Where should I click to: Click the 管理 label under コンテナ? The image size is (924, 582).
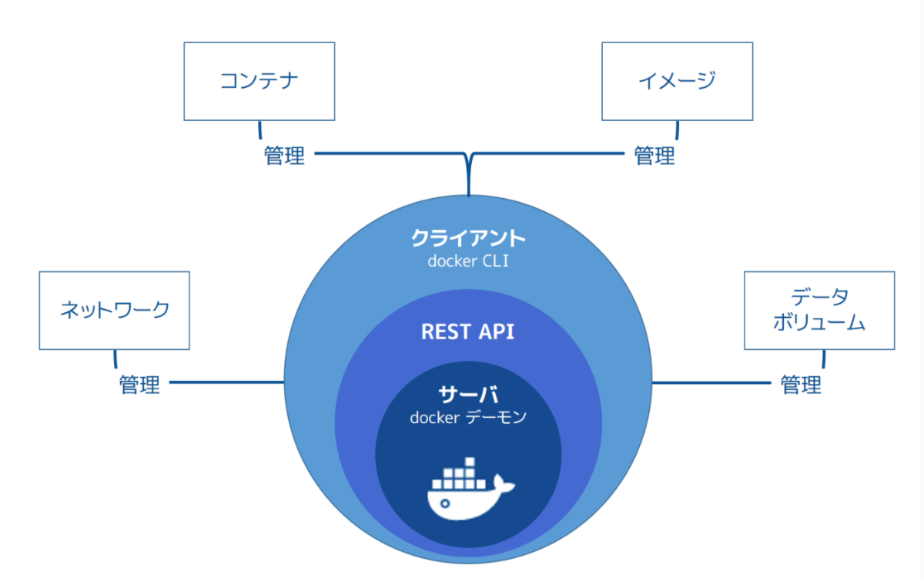point(284,156)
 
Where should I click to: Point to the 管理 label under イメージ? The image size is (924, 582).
point(654,156)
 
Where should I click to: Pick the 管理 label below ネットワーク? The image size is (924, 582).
point(139,385)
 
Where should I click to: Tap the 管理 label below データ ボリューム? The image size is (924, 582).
point(801,385)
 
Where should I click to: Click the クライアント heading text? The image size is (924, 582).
point(468,238)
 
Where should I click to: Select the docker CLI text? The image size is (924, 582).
point(468,261)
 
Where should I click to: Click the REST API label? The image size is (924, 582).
point(468,331)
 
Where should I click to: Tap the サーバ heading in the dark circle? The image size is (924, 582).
point(468,394)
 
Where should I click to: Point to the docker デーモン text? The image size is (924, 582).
point(468,417)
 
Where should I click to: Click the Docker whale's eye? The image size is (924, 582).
point(445,503)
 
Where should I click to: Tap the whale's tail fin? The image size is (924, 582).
point(504,483)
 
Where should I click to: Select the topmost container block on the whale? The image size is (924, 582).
point(470,462)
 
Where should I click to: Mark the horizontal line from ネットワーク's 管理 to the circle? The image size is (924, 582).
point(226,382)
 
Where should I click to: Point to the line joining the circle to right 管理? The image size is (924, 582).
point(711,383)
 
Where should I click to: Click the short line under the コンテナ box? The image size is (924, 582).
point(260,130)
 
